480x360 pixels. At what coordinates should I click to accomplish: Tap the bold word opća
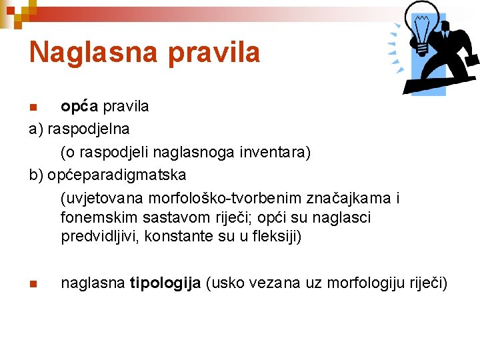pyautogui.click(x=79, y=106)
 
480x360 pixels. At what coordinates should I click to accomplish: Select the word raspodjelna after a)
pyautogui.click(x=89, y=127)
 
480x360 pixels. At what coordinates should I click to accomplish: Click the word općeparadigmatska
pyautogui.click(x=117, y=175)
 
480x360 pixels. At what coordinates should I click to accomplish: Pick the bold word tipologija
pyautogui.click(x=165, y=283)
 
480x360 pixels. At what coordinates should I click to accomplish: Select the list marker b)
pyautogui.click(x=36, y=175)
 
